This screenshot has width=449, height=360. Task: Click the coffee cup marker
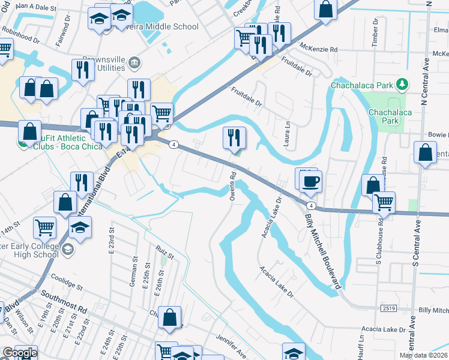point(311,181)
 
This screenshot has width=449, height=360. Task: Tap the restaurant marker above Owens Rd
point(234,137)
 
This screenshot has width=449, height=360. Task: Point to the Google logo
point(19,353)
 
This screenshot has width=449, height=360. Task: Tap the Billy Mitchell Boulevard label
point(323,251)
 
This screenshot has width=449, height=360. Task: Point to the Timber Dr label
point(375,31)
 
